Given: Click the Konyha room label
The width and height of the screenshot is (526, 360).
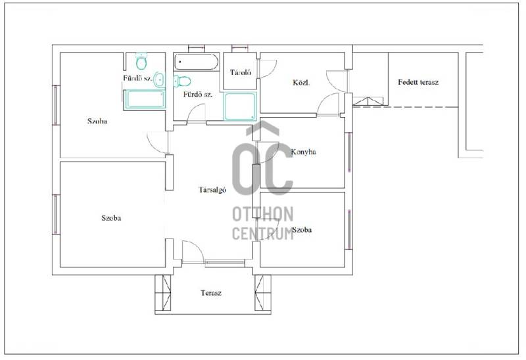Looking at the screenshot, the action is point(303,152).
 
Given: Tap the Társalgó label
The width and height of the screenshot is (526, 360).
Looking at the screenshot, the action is point(212,190).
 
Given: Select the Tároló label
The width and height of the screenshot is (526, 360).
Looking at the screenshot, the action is point(241,72).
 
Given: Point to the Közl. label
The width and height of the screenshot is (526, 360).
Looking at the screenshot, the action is point(301,83).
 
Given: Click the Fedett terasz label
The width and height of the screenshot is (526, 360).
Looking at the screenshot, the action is point(418,82).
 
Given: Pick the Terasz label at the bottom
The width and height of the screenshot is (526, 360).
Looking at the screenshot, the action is point(211,292).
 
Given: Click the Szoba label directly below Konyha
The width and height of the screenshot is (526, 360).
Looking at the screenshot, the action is point(302,230).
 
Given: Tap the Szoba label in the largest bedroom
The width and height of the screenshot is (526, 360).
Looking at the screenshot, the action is point(111,218).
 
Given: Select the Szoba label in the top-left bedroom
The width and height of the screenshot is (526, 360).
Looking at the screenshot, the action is point(97,121).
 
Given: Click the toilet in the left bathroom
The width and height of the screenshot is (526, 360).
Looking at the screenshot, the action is point(141,60).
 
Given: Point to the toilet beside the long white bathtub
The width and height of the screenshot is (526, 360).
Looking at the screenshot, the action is point(182,80).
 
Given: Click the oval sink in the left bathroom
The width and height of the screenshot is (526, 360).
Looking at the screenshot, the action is point(159,79).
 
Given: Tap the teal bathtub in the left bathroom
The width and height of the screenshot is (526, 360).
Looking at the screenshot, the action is point(145,100).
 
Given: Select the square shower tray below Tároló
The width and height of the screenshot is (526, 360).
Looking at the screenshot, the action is point(240,106).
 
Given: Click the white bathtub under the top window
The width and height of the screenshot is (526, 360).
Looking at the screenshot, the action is point(197,62).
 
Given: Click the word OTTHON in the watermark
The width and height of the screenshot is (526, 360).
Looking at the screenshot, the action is point(262,214).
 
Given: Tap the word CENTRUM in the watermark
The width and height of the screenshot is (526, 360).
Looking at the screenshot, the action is point(262,234).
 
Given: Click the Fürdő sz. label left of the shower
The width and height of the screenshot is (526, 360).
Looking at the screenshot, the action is point(198,95).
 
